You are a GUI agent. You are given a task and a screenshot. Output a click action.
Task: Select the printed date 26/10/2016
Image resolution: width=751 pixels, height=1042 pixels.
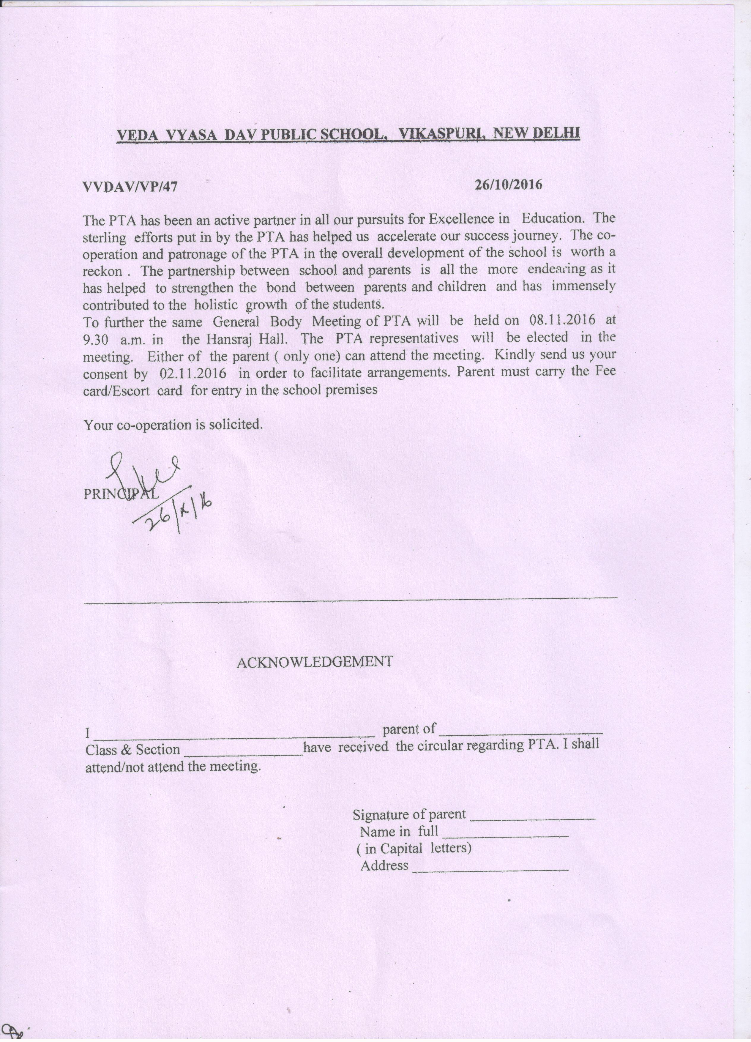click(x=509, y=185)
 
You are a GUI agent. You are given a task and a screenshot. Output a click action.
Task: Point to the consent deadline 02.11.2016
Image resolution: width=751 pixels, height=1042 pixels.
click(x=193, y=373)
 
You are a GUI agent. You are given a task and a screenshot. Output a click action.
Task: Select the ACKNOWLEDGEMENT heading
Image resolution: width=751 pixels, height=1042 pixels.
click(x=315, y=662)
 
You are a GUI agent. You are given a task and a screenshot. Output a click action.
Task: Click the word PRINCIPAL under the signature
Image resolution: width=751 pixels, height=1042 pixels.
click(x=121, y=494)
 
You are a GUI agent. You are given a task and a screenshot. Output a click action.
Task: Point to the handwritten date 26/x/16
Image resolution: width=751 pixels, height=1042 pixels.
click(x=179, y=510)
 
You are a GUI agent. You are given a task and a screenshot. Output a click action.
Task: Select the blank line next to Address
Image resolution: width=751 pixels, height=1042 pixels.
click(x=490, y=870)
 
